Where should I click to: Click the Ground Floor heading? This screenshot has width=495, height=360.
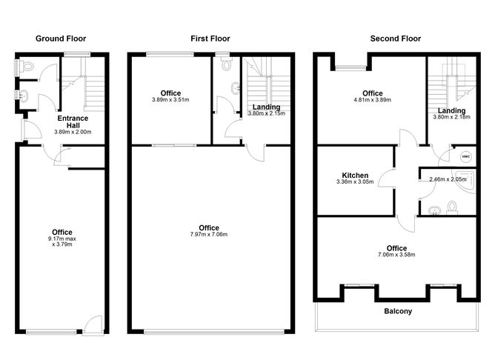(x=60, y=39)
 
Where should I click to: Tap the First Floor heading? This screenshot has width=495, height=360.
(x=210, y=39)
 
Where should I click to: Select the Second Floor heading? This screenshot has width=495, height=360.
(x=396, y=39)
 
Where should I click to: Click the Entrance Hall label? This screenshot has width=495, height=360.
(x=73, y=121)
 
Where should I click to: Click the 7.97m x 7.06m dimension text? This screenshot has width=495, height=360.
(x=209, y=235)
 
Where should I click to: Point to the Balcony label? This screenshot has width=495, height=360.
(x=397, y=311)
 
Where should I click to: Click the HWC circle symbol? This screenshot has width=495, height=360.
(x=465, y=156)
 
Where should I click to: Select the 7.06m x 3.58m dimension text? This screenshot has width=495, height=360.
(x=396, y=255)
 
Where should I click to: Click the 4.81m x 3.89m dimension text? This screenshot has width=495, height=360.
(x=371, y=100)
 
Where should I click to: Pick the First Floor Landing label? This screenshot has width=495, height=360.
(x=266, y=107)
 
